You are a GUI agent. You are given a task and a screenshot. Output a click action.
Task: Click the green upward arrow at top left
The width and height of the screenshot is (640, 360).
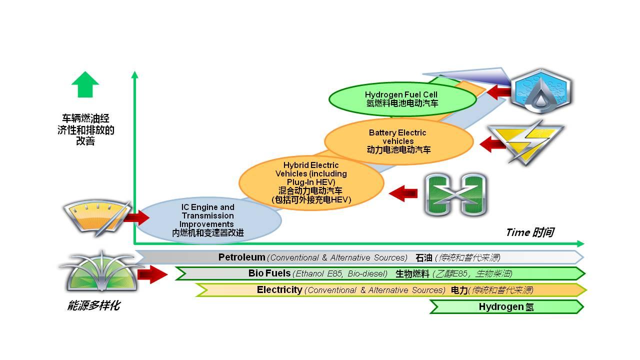coord(85,84)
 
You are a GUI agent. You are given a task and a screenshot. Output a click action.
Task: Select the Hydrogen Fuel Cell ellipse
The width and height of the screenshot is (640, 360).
coord(402,99)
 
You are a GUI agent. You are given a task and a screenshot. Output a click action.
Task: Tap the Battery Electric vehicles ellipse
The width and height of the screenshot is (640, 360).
coord(398,141)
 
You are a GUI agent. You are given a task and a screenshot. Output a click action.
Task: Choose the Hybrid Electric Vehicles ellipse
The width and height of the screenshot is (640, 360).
coord(311,182)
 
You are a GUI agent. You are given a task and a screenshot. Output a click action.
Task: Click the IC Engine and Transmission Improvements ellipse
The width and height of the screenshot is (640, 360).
coord(207,220)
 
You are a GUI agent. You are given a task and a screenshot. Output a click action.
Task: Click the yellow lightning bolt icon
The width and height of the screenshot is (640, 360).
coord(525,142)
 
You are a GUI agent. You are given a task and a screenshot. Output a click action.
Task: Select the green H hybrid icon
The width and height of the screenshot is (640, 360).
coord(455,195)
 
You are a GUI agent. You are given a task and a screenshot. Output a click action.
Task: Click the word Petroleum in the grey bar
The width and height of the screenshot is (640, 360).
coord(241,257)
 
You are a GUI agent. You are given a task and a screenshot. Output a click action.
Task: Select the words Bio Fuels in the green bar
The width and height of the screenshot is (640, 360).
coord(269,273)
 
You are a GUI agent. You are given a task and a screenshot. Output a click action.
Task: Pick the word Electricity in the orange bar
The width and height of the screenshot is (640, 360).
coord(279,290)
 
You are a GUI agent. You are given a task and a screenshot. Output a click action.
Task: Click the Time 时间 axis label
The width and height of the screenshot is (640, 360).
coord(529,232)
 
